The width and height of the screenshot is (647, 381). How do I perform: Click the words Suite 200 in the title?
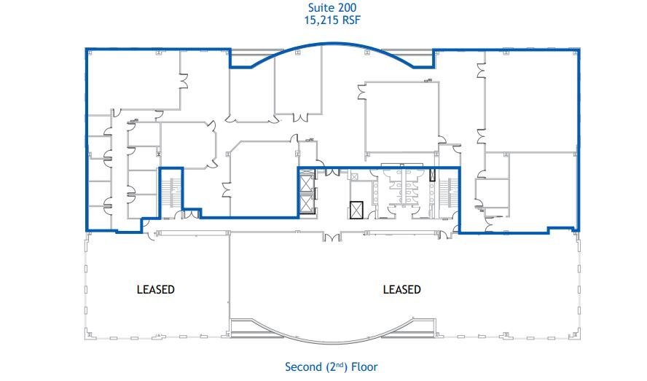pos(332,7)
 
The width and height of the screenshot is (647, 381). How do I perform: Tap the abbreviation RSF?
pos(350,20)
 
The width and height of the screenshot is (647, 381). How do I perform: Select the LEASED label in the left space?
pos(156,289)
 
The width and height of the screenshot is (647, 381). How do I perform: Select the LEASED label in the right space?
pos(402,289)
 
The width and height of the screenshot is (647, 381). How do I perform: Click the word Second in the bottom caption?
pos(303,366)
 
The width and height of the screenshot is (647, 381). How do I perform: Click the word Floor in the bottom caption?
pos(364,366)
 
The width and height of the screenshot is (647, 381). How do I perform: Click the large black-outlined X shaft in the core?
pos(356,210)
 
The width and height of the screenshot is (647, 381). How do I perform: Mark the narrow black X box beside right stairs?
pos(433,175)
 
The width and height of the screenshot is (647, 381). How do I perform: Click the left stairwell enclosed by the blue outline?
pos(170,193)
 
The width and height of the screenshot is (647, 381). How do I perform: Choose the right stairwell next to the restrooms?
pos(447,194)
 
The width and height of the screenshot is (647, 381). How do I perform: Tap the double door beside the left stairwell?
pos(191,215)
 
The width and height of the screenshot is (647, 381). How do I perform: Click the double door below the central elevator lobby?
pos(332,237)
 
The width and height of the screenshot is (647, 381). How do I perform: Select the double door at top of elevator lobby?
pos(332,172)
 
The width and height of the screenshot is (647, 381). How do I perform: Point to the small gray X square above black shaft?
pos(354,176)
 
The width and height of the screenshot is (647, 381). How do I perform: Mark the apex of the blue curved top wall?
pos(332,43)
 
